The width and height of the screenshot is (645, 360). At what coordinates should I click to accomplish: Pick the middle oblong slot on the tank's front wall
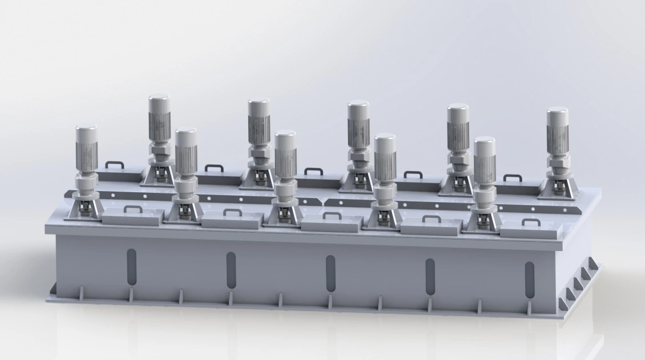[x=330, y=271]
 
